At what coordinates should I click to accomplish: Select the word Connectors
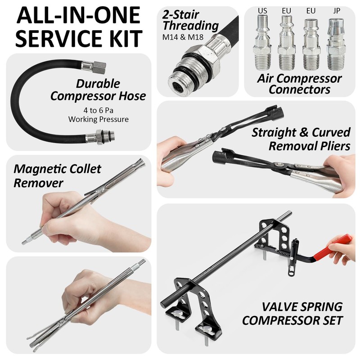click(x=299, y=89)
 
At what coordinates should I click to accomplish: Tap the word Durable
click(x=98, y=84)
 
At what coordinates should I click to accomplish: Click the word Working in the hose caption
click(x=84, y=119)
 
